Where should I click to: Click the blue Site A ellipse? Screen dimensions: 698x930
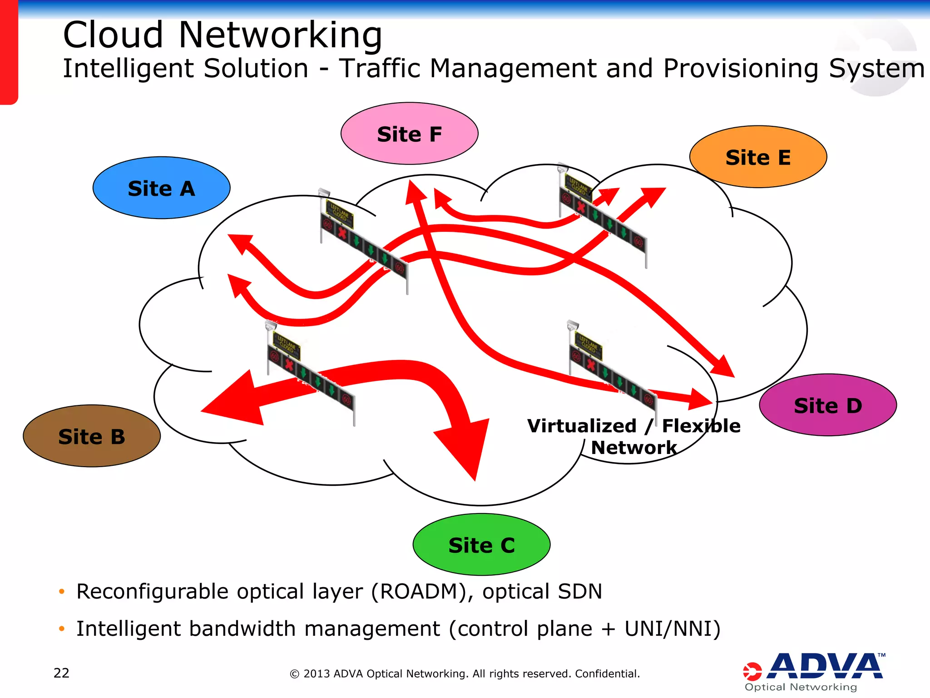coord(161,188)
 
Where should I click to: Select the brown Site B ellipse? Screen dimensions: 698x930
coord(91,436)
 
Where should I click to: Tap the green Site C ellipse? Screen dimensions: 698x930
coord(481,545)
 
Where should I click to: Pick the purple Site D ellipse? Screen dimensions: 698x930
coord(827,405)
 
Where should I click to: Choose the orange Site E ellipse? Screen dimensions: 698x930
coord(758,157)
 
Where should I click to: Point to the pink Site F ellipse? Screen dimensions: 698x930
coord(409,134)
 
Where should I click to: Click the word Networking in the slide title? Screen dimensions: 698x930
coord(280,35)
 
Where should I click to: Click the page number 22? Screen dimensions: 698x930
coord(61,673)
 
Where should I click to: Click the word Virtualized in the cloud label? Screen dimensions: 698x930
coord(582,426)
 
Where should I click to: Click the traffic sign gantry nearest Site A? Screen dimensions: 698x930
coord(363,241)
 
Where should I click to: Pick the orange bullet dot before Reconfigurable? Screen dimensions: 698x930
coord(62,592)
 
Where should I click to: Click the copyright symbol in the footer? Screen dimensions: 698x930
coord(295,674)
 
